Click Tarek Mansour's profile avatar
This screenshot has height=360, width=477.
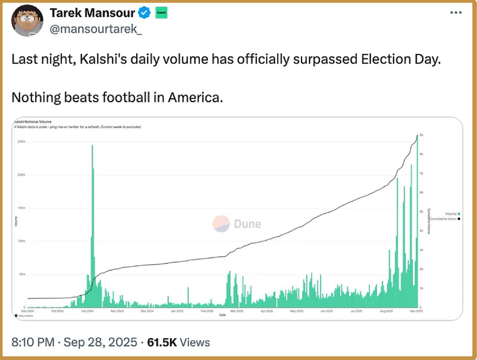(x=27, y=20)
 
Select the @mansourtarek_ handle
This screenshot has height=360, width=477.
(x=96, y=30)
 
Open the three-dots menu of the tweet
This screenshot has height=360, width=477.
(x=456, y=13)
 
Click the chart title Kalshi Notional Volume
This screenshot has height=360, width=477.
(x=32, y=122)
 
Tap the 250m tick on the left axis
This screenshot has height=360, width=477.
(x=22, y=141)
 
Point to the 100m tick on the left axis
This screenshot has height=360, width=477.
(x=22, y=241)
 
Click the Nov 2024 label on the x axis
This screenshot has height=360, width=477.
(x=117, y=311)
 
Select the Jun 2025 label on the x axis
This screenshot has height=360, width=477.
(x=326, y=311)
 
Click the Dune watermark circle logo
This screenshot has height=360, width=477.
(x=221, y=224)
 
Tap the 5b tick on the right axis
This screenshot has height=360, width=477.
(x=422, y=212)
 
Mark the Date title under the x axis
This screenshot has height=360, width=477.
(x=222, y=315)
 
